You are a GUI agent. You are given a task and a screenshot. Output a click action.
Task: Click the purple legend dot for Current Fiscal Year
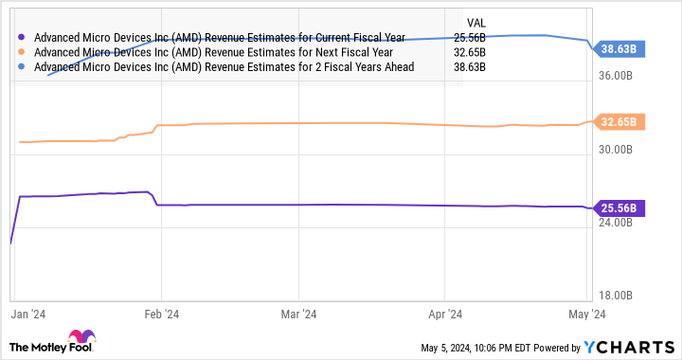pos(22,37)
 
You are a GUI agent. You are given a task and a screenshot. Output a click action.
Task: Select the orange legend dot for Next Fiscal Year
pos(22,52)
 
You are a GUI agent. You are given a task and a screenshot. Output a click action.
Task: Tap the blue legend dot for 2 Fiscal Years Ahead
pos(22,67)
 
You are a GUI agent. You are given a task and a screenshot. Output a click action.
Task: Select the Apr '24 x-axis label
pos(444,312)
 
